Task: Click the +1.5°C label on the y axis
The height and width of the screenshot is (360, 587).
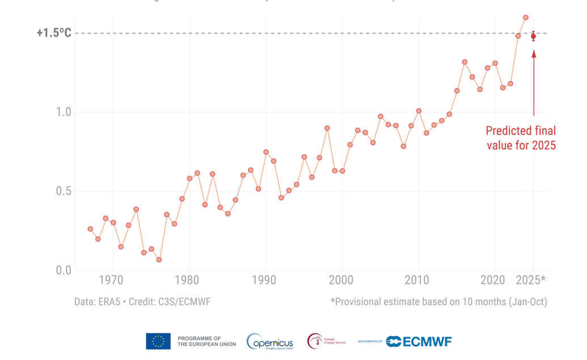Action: [x=54, y=33]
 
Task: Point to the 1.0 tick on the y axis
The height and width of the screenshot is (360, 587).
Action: [x=63, y=112]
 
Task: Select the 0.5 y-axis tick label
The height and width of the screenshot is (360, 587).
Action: [x=63, y=191]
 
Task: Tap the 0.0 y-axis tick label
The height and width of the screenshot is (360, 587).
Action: [x=63, y=270]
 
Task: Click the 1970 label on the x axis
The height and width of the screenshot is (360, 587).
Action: [x=111, y=280]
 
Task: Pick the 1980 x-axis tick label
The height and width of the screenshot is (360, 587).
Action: [x=188, y=280]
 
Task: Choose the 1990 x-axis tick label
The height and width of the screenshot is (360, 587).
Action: [x=264, y=280]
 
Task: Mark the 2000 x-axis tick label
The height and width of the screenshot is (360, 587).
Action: [x=341, y=280]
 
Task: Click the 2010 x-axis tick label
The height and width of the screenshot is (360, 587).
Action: [x=418, y=280]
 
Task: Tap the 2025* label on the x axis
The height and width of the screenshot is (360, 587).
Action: [x=531, y=280]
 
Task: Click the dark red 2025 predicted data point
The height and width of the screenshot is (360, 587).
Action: [x=533, y=36]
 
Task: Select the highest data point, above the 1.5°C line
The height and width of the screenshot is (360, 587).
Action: [x=525, y=18]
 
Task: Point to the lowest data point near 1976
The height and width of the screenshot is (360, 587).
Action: [x=159, y=260]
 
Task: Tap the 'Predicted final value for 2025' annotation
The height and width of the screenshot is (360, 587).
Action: [x=520, y=138]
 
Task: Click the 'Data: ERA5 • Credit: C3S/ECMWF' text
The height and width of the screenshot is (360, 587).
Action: [x=142, y=302]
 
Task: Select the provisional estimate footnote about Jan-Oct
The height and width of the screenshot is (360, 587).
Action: [x=438, y=302]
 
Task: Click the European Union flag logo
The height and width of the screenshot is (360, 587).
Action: [x=158, y=341]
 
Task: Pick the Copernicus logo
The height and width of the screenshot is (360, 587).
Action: [x=270, y=342]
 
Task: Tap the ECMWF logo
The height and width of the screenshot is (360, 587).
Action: [x=419, y=341]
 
